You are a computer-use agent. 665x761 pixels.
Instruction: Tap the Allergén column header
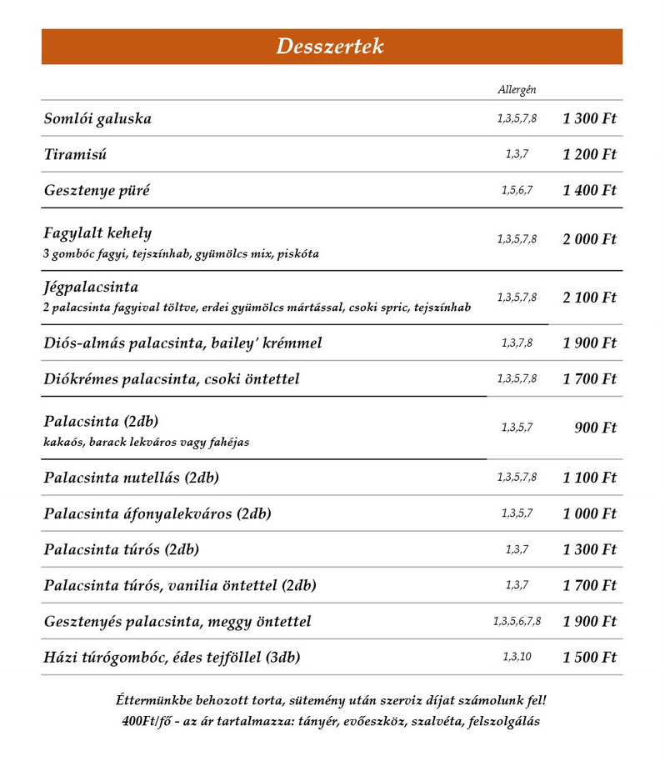(x=517, y=89)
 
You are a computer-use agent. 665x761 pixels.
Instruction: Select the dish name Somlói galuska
(x=97, y=118)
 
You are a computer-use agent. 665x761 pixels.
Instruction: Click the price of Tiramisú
(x=589, y=154)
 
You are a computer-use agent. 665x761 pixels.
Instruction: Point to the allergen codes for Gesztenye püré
(x=517, y=190)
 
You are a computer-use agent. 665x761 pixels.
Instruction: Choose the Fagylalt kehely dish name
(x=97, y=233)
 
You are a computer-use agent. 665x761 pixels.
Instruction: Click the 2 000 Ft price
(x=589, y=239)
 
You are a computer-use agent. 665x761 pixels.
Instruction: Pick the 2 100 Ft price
(x=589, y=298)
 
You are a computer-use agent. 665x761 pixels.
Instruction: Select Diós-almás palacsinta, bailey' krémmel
(x=182, y=343)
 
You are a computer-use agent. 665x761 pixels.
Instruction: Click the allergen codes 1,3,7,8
(x=517, y=343)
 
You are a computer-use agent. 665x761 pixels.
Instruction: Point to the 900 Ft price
(x=595, y=428)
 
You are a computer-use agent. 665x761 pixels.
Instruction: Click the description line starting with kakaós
(x=146, y=442)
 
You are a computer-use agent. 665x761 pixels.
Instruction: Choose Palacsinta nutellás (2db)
(x=131, y=478)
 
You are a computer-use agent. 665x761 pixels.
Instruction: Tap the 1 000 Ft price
(x=589, y=513)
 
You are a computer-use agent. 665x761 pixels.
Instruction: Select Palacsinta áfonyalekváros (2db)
(x=157, y=513)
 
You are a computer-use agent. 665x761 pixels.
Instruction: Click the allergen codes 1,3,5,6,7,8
(x=517, y=621)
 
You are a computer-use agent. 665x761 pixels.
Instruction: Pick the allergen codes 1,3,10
(x=517, y=657)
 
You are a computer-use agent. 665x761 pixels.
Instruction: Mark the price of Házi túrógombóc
(x=589, y=657)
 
